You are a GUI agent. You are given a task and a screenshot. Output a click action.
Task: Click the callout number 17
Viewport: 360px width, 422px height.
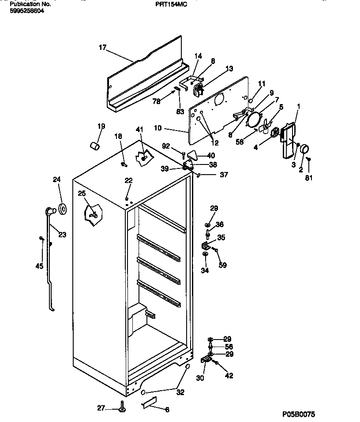(x=102, y=48)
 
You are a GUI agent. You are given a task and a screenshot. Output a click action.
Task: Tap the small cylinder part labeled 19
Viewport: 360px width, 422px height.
(x=94, y=146)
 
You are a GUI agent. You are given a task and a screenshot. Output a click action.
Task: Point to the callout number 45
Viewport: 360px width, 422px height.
(x=39, y=265)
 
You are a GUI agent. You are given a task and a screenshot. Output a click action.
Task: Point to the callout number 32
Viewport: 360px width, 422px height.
(x=180, y=392)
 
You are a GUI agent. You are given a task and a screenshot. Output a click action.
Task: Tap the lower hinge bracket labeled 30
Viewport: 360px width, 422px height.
(x=206, y=360)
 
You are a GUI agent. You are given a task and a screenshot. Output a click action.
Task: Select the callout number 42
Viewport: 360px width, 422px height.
(x=229, y=376)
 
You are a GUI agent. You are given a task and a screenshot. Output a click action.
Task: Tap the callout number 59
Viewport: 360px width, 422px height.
(x=223, y=265)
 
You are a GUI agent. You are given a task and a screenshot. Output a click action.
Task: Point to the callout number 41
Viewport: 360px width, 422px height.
(x=139, y=129)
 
